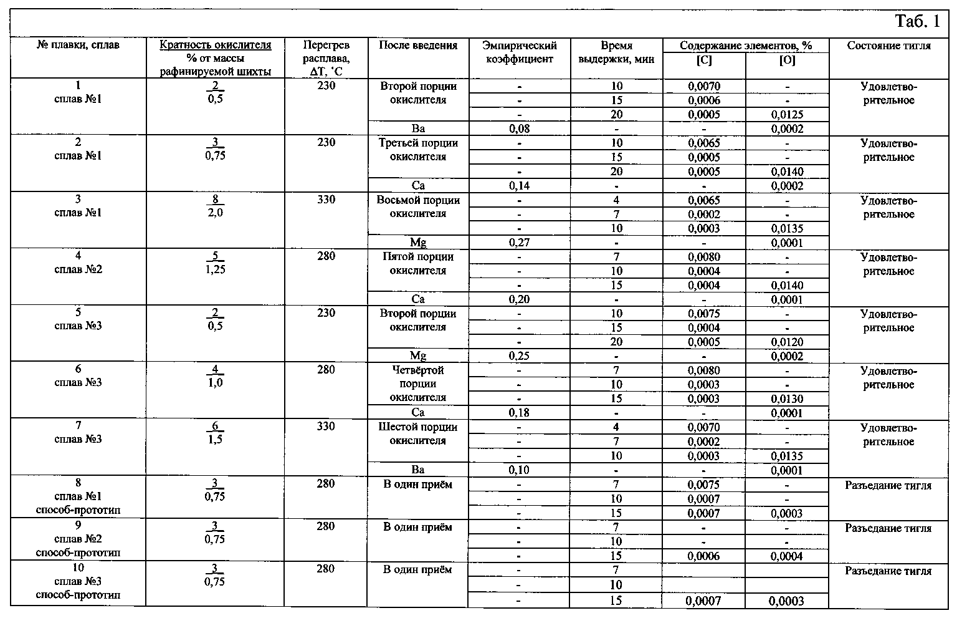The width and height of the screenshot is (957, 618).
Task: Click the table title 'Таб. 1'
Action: point(918,22)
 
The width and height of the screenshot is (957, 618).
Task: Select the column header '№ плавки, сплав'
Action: point(79,45)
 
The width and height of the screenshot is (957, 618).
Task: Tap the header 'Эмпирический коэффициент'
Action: point(519,52)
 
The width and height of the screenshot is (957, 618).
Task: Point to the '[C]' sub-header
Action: point(704,61)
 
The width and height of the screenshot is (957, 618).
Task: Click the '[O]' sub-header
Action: point(787,61)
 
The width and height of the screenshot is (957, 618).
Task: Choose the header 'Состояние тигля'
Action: point(888,46)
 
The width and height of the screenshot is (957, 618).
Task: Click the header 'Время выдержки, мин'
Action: point(616,52)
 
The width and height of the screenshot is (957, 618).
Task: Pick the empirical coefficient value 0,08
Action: point(519,129)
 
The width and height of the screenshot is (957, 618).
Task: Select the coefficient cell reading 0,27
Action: point(519,243)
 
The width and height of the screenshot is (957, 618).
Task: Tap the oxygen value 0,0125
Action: point(787,115)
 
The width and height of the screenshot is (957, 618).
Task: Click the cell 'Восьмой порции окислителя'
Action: point(418,207)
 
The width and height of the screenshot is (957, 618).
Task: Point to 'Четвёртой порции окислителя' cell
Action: point(418,384)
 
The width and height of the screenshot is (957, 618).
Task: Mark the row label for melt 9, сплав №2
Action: point(79,539)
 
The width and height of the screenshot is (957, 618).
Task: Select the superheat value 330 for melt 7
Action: point(326,427)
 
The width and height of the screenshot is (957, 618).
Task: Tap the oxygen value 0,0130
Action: point(787,399)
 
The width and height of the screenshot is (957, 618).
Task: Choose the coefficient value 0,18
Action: point(519,413)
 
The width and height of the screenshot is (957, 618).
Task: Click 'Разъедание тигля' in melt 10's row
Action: point(888,571)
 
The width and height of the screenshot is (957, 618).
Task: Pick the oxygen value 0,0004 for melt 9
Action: point(787,556)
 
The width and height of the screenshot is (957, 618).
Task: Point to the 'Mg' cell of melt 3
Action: point(418,243)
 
